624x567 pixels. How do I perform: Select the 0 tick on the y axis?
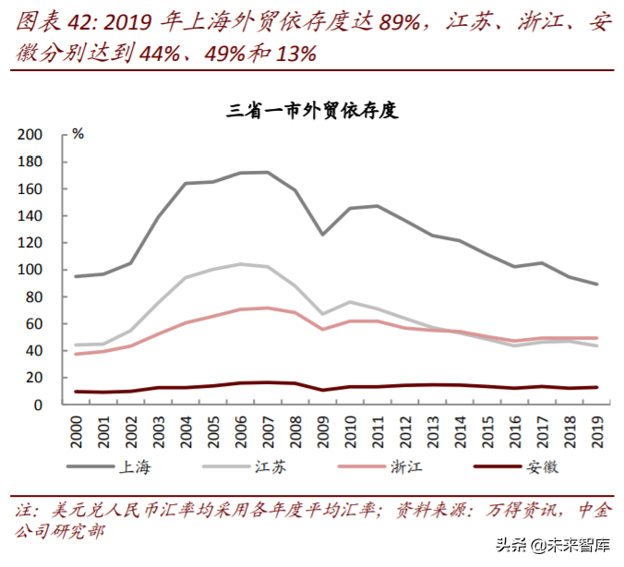(x=38, y=404)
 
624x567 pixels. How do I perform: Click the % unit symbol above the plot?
(x=78, y=135)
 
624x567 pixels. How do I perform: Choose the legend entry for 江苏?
(x=271, y=466)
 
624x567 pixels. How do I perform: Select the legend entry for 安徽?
(x=543, y=466)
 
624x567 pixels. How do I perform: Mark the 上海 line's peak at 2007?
(x=268, y=172)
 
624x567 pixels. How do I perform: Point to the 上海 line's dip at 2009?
(x=322, y=235)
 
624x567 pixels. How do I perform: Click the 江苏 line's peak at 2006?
(x=240, y=264)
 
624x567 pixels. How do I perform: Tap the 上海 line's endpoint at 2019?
(x=595, y=284)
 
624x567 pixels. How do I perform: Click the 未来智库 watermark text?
(x=578, y=545)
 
